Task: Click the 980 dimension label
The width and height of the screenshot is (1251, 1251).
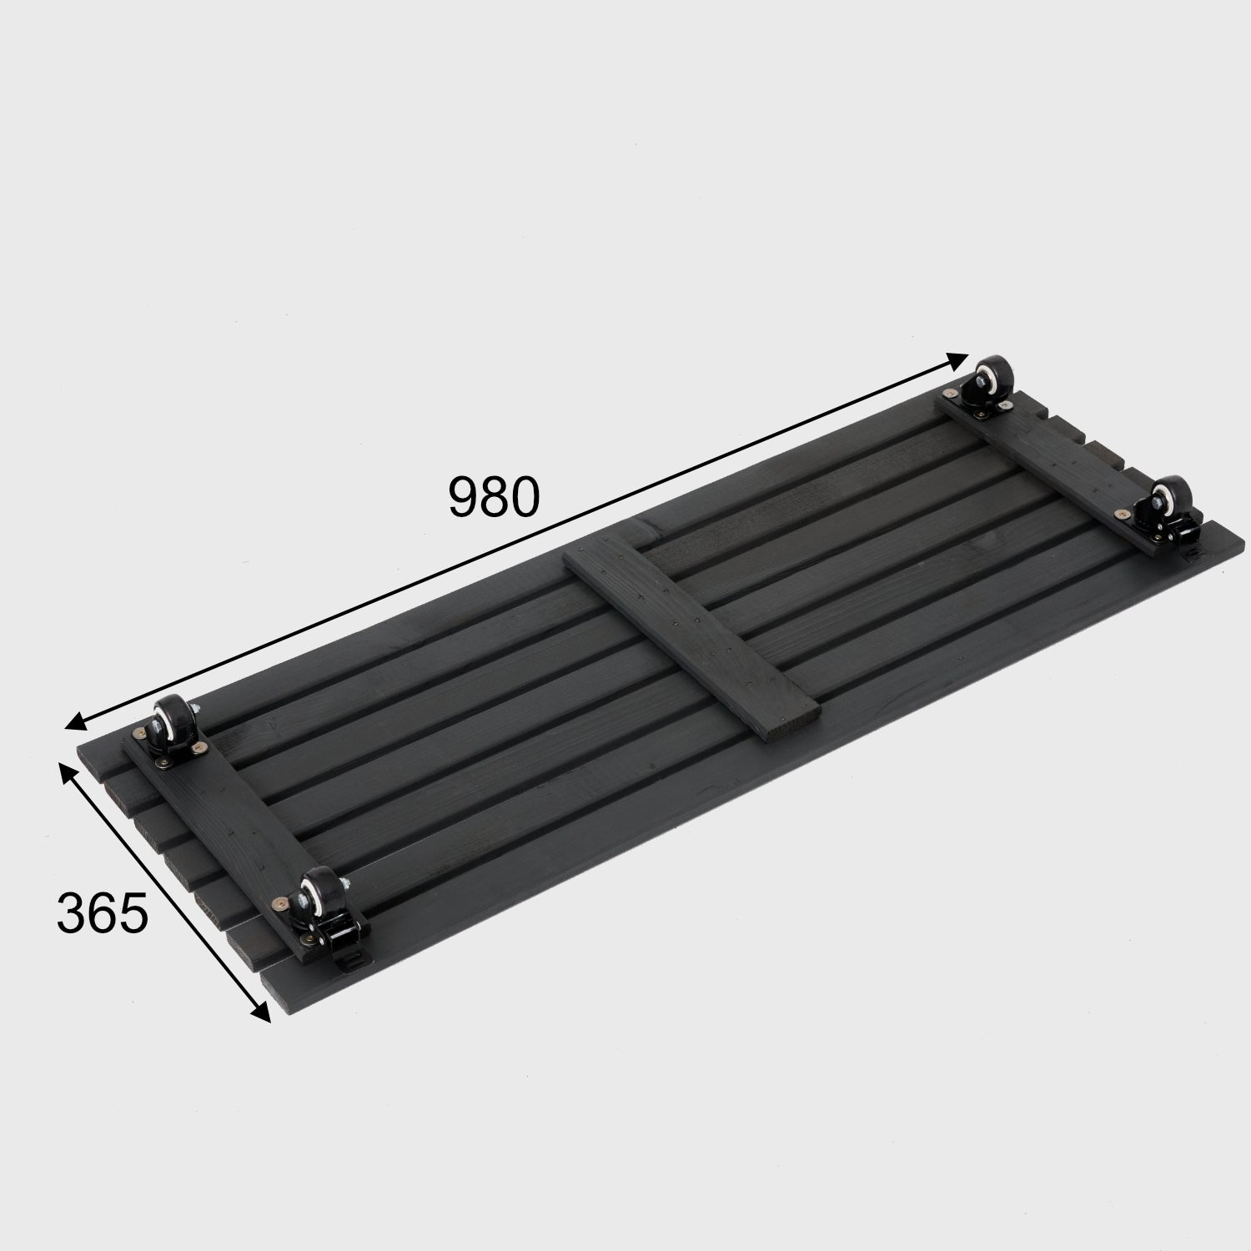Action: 494,497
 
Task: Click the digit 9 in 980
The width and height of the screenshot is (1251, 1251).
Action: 464,497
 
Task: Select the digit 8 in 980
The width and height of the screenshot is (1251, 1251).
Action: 495,497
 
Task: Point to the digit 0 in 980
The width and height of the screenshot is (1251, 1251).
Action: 525,497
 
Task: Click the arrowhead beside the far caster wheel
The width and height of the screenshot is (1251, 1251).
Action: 957,361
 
